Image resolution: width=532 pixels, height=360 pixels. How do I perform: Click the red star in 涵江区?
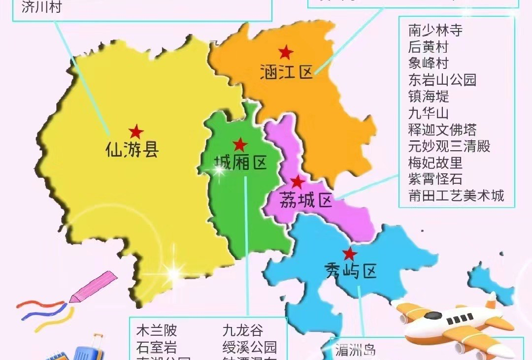point(285,52)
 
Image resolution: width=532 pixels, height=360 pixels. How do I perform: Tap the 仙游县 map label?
point(132,149)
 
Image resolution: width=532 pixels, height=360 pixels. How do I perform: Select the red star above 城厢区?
point(240,144)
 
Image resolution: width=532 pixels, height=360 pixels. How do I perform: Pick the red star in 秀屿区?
point(349,254)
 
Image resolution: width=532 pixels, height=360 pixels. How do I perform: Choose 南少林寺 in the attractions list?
point(435,31)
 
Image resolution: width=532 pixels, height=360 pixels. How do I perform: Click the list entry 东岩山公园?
point(442,80)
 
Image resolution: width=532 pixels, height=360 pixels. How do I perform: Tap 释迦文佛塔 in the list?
point(442,130)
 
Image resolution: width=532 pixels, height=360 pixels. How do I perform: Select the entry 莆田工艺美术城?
point(456,196)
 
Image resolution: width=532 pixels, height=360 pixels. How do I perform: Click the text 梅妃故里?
point(435,163)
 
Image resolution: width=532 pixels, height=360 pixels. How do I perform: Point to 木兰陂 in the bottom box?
point(157,330)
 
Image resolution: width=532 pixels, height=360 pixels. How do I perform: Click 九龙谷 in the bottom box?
point(243,330)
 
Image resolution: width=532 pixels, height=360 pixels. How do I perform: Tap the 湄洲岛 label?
point(355,351)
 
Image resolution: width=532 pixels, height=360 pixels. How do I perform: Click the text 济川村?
point(41,8)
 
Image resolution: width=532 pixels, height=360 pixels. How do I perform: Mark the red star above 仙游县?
point(136,131)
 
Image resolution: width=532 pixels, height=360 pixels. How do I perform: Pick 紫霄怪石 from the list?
point(435,179)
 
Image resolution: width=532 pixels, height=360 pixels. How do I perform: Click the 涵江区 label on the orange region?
point(287,73)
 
